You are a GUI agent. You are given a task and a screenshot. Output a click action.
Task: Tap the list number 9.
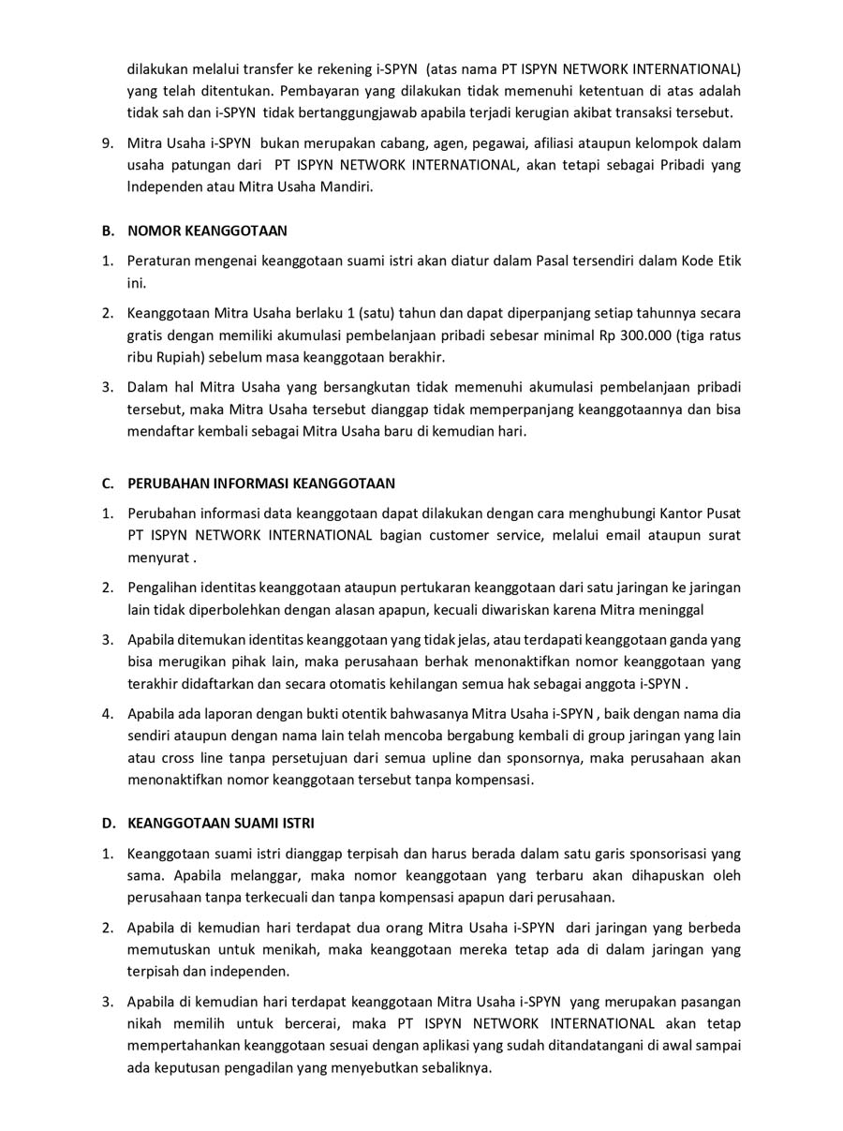[x=107, y=143]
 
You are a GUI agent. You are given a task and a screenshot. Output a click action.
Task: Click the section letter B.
[x=107, y=230]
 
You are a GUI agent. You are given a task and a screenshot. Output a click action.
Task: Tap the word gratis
[x=148, y=335]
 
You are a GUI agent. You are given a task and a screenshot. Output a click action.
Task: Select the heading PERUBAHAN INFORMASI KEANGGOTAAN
[x=261, y=484]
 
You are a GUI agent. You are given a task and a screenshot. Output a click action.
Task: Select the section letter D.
[x=108, y=823]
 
